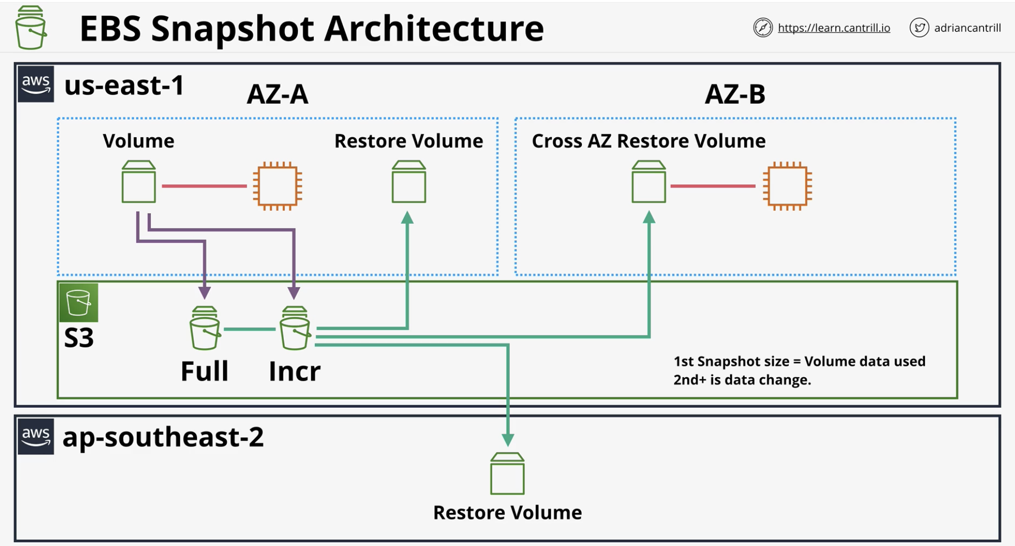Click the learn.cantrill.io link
pos(834,28)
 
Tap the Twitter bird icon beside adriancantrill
pos(919,27)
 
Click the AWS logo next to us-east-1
pos(36,83)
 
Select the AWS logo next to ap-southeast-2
pos(36,436)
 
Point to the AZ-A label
pos(277,94)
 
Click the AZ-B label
pos(735,94)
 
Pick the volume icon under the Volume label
pos(139,181)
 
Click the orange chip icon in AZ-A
pos(278,186)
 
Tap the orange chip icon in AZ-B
pos(787,186)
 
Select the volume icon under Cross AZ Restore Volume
pos(649,181)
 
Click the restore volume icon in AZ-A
pos(409,181)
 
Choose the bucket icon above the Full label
pos(205,328)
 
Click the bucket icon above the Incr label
pos(295,328)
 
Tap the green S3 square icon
pos(79,303)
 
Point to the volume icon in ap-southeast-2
pos(507,473)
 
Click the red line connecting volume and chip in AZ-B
pos(713,186)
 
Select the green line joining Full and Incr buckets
pos(250,329)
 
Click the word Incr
pos(294,371)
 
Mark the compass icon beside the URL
pos(763,27)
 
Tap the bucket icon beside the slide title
pos(30,27)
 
